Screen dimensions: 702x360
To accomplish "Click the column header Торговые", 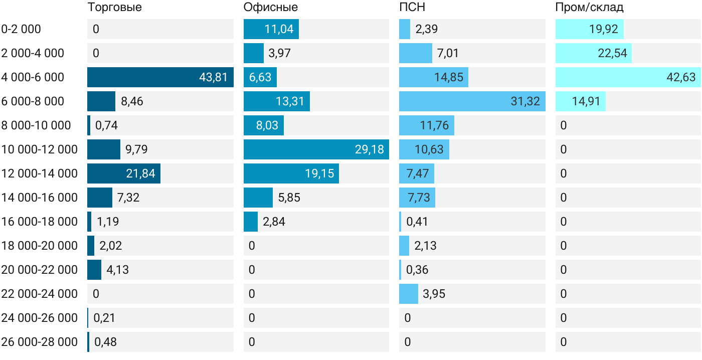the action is point(115,7).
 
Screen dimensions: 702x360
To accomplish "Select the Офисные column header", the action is point(270,7).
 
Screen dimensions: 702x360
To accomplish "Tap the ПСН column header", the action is point(412,7).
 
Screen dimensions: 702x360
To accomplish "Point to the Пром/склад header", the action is point(589,7).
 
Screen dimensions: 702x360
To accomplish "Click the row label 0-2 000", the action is point(21,29).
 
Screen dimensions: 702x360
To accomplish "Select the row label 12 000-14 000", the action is point(40,173).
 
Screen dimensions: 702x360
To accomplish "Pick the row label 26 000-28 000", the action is point(40,342).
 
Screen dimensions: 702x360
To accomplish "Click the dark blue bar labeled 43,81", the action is point(160,77).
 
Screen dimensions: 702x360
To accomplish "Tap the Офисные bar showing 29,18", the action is point(316,149).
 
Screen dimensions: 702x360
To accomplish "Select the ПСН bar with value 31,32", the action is point(472,101).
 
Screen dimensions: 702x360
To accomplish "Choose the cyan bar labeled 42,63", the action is point(628,77).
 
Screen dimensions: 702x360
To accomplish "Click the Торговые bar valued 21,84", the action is point(124,173).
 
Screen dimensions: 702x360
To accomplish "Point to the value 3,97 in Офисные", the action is point(280,53).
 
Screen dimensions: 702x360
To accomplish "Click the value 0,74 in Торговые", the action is point(106,125).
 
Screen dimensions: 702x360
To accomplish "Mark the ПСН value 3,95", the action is point(434,294).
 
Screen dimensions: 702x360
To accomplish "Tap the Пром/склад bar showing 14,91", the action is point(581,101).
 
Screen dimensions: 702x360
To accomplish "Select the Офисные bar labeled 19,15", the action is point(291,173).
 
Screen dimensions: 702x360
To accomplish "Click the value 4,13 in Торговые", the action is point(117,270).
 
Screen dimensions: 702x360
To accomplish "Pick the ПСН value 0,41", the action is point(417,222).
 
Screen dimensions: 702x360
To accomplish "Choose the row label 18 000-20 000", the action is point(40,246).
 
